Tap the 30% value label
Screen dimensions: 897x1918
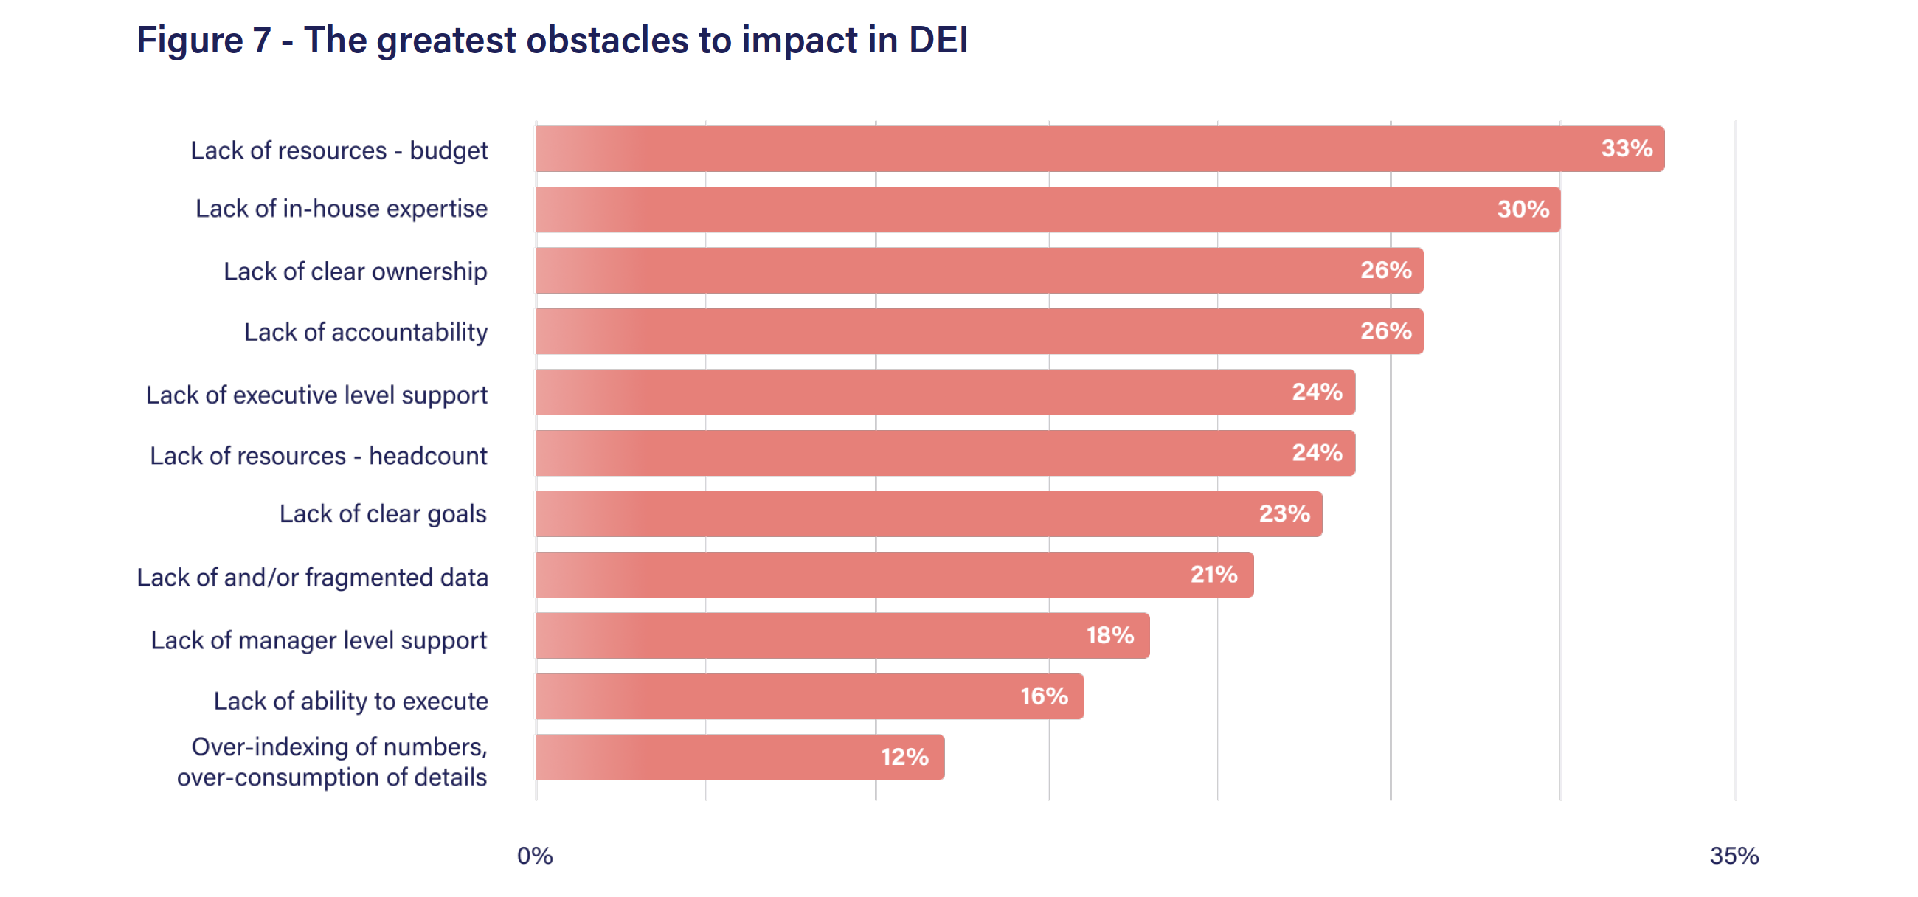pyautogui.click(x=1523, y=209)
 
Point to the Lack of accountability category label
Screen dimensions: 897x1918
pyautogui.click(x=366, y=332)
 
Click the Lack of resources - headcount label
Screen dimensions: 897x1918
pyautogui.click(x=319, y=456)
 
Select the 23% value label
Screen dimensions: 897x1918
pyautogui.click(x=1284, y=513)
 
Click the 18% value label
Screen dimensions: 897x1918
pyautogui.click(x=1109, y=636)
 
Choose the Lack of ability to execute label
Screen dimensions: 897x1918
pyautogui.click(x=350, y=702)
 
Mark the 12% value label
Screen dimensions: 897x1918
pyautogui.click(x=904, y=757)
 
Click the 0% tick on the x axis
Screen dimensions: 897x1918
pyautogui.click(x=535, y=856)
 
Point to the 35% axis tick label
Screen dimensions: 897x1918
pyautogui.click(x=1734, y=856)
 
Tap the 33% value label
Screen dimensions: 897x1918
pyautogui.click(x=1626, y=149)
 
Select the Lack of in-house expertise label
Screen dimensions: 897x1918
pyautogui.click(x=341, y=209)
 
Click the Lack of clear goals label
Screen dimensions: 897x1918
pyautogui.click(x=383, y=514)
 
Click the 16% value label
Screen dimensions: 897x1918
pyautogui.click(x=1044, y=697)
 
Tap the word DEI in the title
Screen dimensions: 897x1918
pyautogui.click(x=938, y=39)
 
